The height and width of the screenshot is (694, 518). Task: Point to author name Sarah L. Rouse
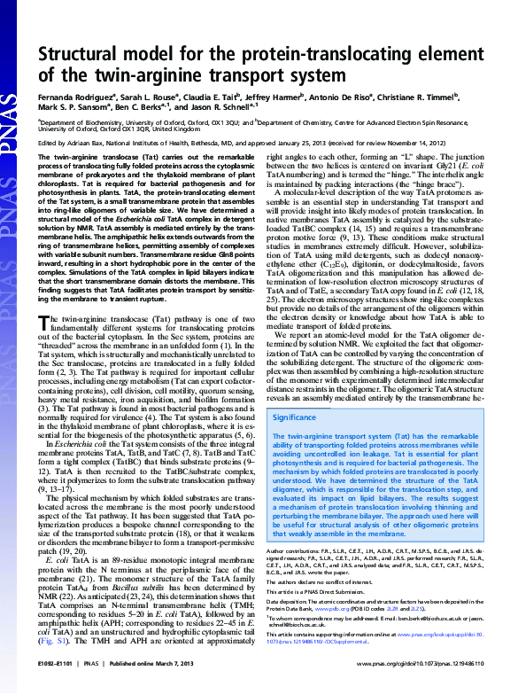click(148, 94)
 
